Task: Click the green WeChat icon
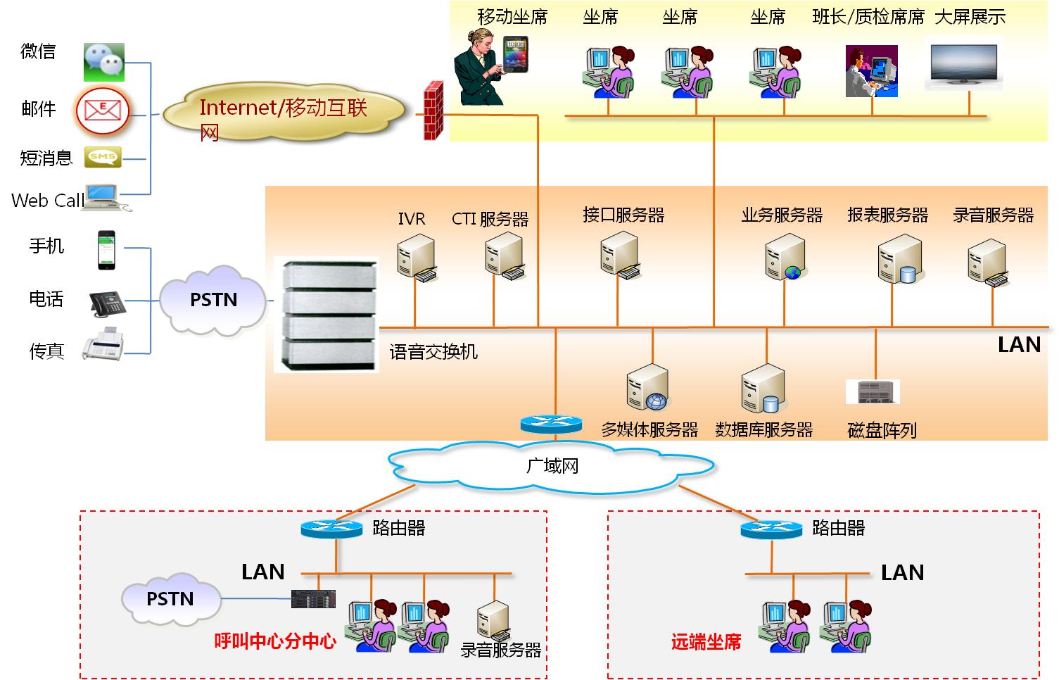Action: click(x=104, y=62)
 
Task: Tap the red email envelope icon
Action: click(x=103, y=111)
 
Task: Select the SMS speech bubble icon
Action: click(x=103, y=157)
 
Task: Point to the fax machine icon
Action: click(x=103, y=344)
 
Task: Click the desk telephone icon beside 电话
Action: click(x=107, y=303)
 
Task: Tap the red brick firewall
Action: click(x=433, y=111)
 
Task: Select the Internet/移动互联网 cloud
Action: click(x=285, y=113)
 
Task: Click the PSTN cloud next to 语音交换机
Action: click(x=213, y=301)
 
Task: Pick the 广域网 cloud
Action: click(x=552, y=467)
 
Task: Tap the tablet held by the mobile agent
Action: click(x=515, y=54)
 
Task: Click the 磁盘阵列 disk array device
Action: click(x=873, y=391)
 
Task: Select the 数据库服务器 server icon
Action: click(x=763, y=389)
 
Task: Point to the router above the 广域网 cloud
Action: click(x=551, y=424)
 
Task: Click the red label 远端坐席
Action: click(x=706, y=642)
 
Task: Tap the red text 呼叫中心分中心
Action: click(x=275, y=641)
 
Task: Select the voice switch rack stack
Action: click(x=326, y=314)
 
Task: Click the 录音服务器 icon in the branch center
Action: click(x=493, y=620)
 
